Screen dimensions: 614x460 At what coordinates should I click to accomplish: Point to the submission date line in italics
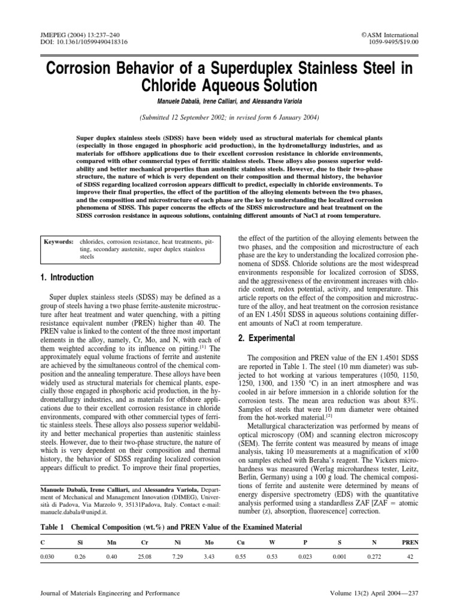coord(229,118)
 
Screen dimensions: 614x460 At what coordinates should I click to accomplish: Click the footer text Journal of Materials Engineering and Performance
coord(110,594)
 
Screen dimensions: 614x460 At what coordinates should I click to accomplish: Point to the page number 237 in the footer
coord(413,594)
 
